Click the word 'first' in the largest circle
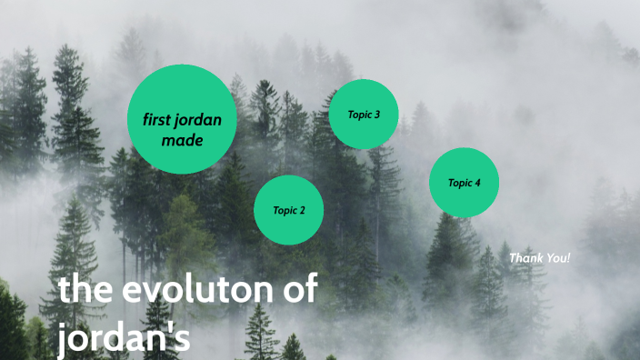pyautogui.click(x=159, y=120)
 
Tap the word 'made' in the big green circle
pyautogui.click(x=182, y=140)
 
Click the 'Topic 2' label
pyautogui.click(x=289, y=210)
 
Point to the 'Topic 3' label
pyautogui.click(x=364, y=115)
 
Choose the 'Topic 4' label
pyautogui.click(x=464, y=183)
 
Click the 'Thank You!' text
pyautogui.click(x=540, y=258)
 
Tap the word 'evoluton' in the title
pyautogui.click(x=198, y=291)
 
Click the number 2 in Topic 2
pyautogui.click(x=302, y=210)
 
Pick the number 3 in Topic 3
pyautogui.click(x=376, y=115)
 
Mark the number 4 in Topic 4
pyautogui.click(x=476, y=183)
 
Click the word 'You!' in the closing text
pyautogui.click(x=557, y=258)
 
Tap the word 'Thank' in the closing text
pyautogui.click(x=525, y=258)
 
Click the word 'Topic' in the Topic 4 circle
pyautogui.click(x=459, y=183)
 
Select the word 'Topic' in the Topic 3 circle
pyautogui.click(x=359, y=115)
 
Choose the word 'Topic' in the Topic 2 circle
pyautogui.click(x=285, y=210)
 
